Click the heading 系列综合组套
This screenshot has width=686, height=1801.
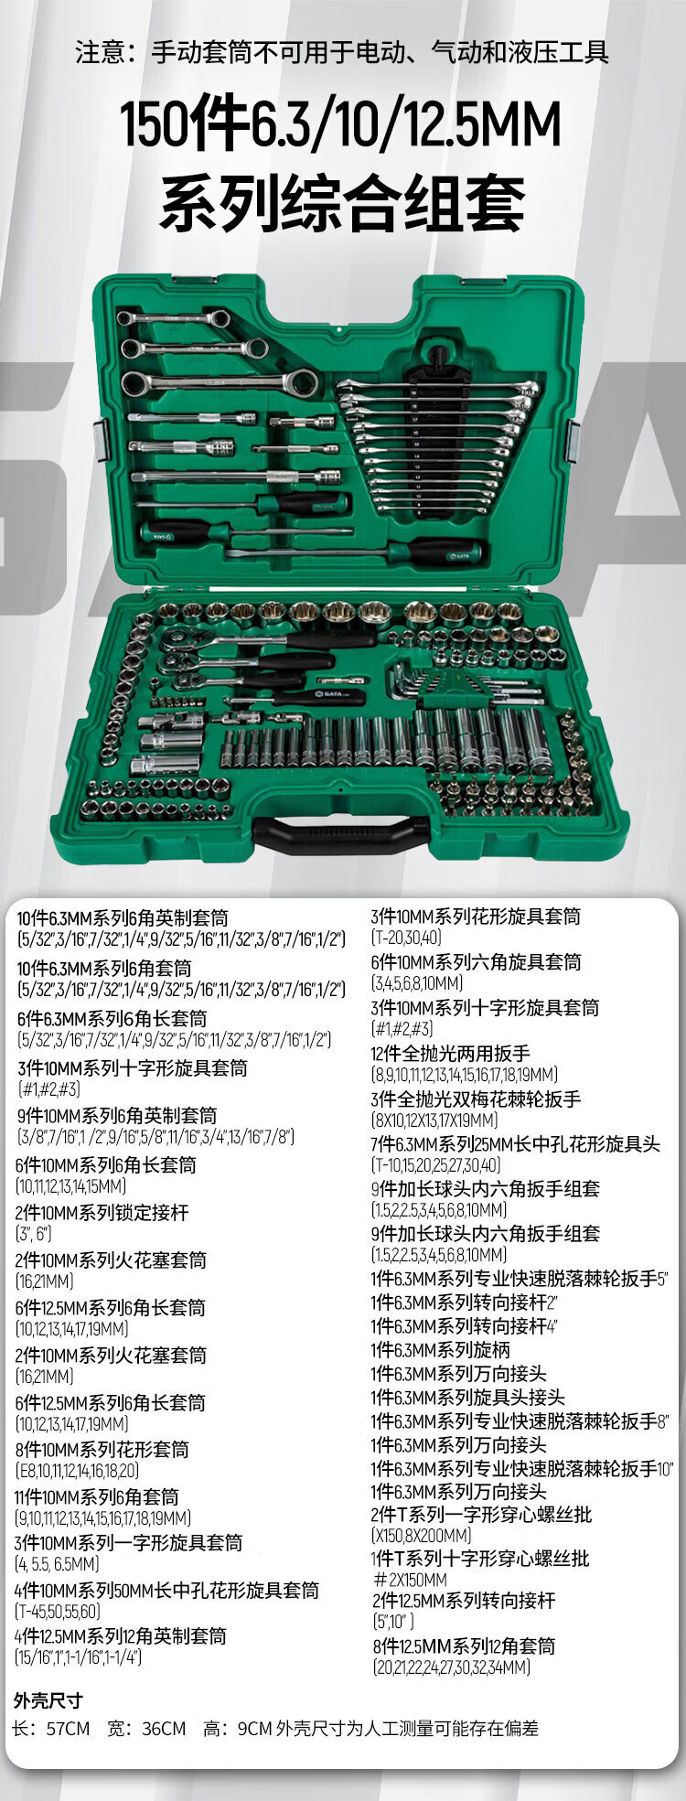[x=343, y=202]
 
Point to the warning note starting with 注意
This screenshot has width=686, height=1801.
[x=342, y=52]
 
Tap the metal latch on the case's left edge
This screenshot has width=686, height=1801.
[x=102, y=441]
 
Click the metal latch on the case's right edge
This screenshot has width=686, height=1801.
[x=573, y=441]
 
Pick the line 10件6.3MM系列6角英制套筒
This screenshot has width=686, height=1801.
[x=123, y=918]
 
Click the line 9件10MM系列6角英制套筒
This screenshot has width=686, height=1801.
[x=117, y=1116]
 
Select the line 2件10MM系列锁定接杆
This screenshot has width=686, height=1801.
[x=102, y=1213]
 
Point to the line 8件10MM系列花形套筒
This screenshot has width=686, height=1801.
[x=102, y=1450]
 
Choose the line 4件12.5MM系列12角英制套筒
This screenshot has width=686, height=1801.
[x=120, y=1636]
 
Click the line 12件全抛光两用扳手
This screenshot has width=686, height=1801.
[x=451, y=1054]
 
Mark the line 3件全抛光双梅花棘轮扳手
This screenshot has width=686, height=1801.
[x=476, y=1099]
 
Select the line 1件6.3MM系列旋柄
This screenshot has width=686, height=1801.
[x=440, y=1350]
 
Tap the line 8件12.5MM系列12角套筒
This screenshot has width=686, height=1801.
[x=463, y=1646]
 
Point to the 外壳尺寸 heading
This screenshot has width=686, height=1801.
[x=48, y=1700]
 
